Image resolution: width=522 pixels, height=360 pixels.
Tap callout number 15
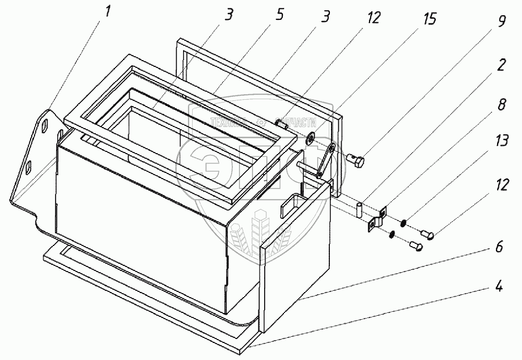[430, 19]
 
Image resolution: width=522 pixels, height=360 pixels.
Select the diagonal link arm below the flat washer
[324, 161]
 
